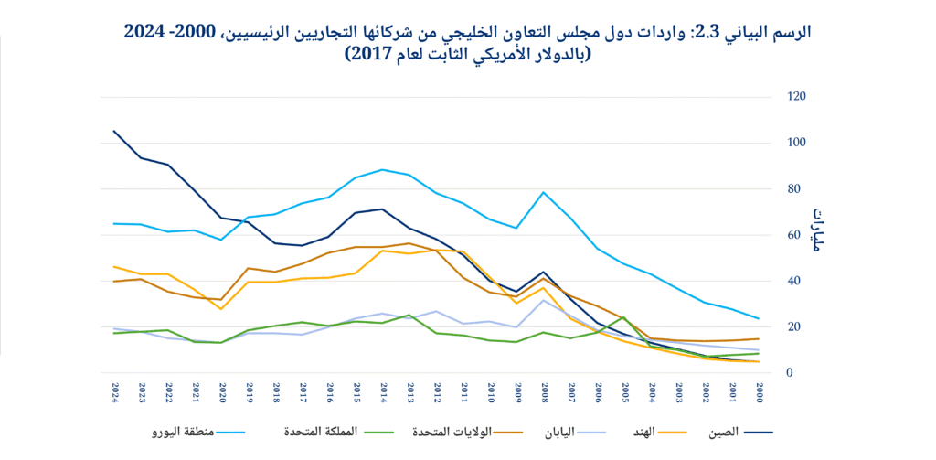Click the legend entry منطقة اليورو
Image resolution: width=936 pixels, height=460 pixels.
[181, 429]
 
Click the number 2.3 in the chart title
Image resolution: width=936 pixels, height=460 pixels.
[705, 30]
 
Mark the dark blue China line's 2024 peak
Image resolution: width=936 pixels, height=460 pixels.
[115, 131]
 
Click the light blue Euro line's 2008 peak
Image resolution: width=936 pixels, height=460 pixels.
[544, 192]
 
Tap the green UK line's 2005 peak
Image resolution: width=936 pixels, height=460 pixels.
[624, 317]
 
